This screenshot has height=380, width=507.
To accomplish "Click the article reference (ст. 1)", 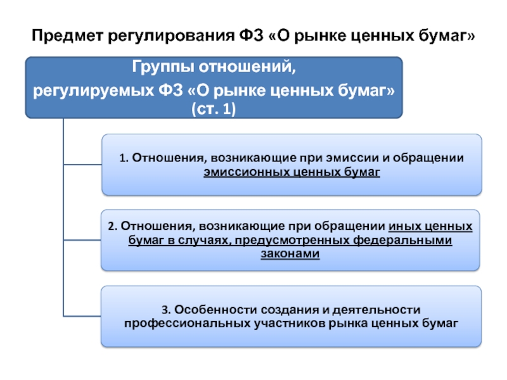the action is point(213,110).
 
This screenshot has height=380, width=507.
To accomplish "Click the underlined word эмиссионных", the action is point(238,171).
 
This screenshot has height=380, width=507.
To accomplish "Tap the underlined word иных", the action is point(403,226).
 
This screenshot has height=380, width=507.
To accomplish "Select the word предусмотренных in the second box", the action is point(296,240).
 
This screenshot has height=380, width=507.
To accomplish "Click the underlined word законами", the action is point(290,254).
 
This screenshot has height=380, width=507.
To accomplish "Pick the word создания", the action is point(279,309).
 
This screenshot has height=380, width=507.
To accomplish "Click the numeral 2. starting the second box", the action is point(112,226).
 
